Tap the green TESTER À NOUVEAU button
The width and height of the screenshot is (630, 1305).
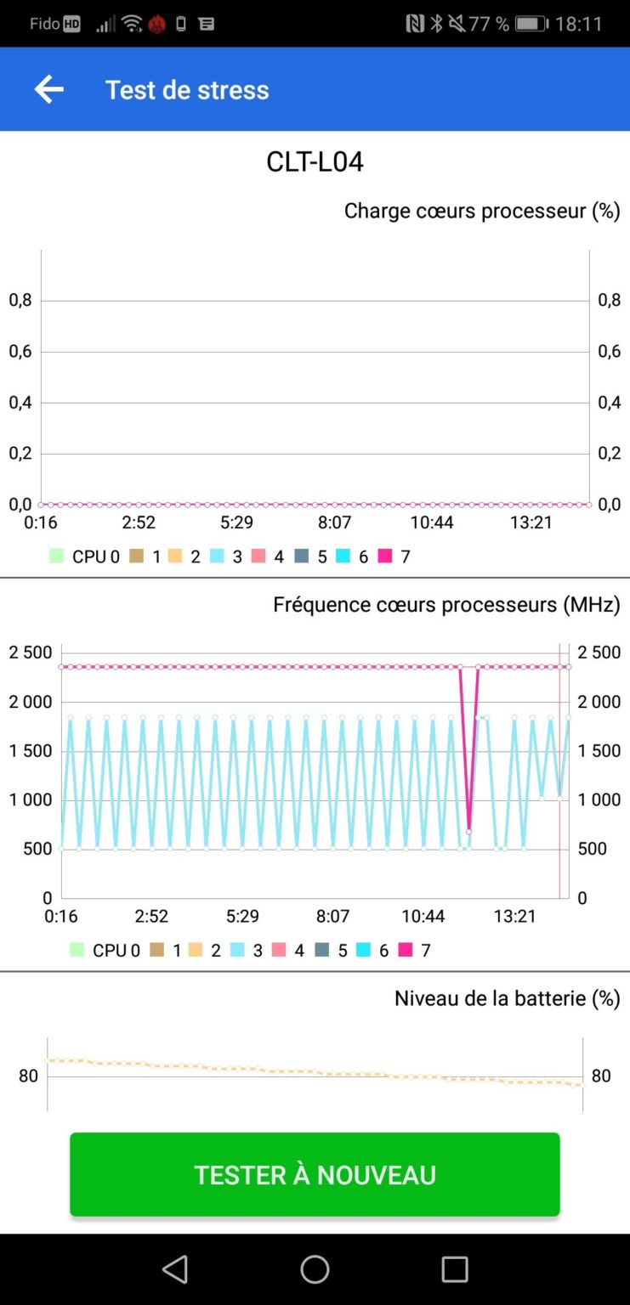[315, 1174]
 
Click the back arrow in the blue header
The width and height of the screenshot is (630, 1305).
[48, 89]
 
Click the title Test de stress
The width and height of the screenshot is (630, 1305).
[187, 90]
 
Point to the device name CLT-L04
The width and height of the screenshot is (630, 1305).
[315, 161]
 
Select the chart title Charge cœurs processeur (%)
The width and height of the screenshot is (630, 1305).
[481, 211]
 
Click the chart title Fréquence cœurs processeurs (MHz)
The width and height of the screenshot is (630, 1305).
[446, 604]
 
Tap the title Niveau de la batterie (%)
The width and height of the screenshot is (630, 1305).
[507, 997]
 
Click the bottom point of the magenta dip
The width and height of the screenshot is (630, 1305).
[468, 831]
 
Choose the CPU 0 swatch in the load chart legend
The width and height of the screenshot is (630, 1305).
[57, 556]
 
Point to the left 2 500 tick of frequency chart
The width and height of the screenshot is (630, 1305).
[31, 652]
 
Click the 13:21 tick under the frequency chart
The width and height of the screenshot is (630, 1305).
[514, 916]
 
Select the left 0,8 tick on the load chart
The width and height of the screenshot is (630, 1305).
[20, 300]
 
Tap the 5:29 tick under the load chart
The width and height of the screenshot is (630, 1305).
[236, 523]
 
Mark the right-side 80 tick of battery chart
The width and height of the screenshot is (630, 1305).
[601, 1076]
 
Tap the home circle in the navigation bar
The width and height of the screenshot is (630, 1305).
[315, 1269]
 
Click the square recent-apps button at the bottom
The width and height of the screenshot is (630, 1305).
[455, 1269]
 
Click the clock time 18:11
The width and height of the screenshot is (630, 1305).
[579, 24]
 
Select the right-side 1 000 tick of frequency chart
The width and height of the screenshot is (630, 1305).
[599, 799]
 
